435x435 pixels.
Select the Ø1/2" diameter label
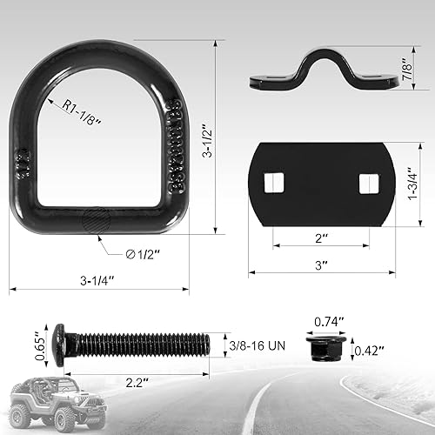click(143, 253)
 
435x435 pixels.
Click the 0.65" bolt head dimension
click(39, 338)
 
